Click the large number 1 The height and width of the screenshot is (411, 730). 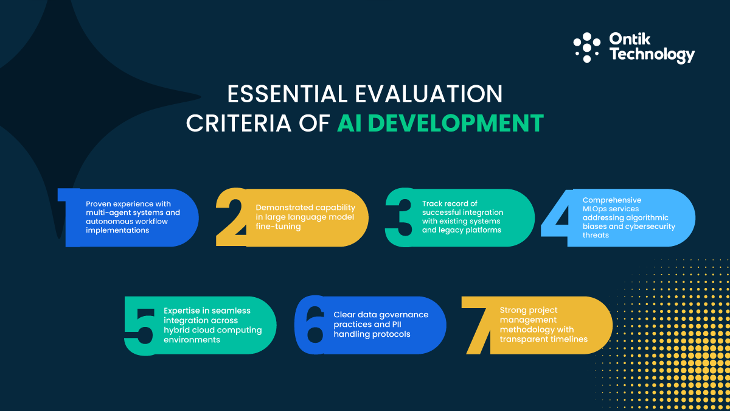[x=70, y=217]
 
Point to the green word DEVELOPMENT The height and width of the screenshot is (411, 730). [x=440, y=123]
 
